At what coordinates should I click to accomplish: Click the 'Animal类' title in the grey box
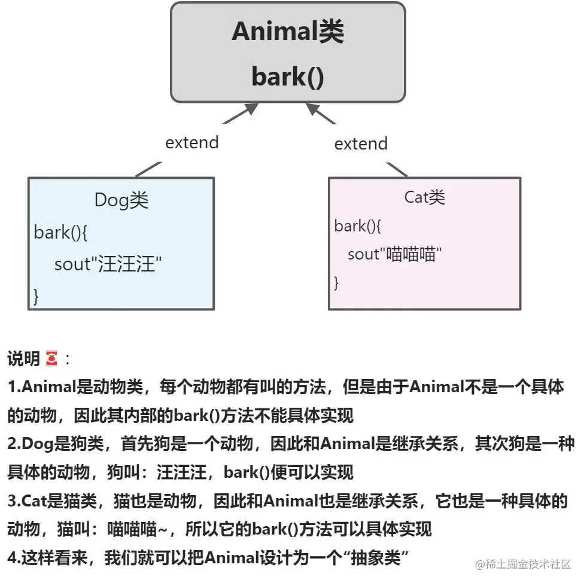coord(288,32)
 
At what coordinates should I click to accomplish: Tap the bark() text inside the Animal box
coord(288,77)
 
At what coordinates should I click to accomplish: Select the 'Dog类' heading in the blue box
coord(121,200)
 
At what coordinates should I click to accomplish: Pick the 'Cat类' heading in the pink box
coord(424,197)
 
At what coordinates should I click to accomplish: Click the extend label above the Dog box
coord(191,142)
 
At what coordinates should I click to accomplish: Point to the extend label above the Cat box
coord(360,144)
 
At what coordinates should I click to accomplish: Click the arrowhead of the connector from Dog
coord(251,109)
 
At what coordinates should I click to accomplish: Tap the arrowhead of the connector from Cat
coord(314,109)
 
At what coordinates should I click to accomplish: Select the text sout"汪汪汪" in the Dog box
coord(108,264)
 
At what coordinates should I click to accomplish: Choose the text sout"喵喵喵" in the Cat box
coord(394,254)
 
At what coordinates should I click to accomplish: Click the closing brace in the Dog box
coord(36,295)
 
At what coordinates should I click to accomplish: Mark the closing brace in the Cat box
coord(336,282)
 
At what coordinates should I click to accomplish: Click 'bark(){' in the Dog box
coord(61,233)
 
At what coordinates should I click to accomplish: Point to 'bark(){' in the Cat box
coord(358,226)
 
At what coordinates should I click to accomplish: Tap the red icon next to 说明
coord(51,359)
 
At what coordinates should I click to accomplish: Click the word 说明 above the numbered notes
coord(24,359)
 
